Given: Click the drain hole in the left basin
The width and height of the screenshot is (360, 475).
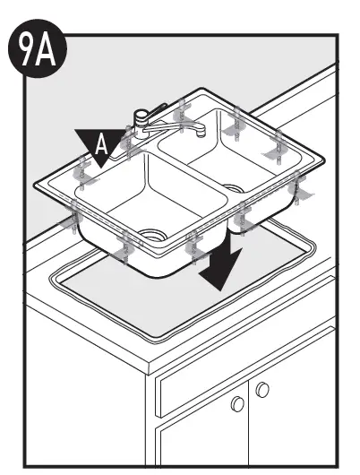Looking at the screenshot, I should [153, 236].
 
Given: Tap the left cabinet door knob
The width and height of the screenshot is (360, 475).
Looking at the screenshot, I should [238, 404].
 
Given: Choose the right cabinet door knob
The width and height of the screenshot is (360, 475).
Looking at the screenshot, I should [262, 390].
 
